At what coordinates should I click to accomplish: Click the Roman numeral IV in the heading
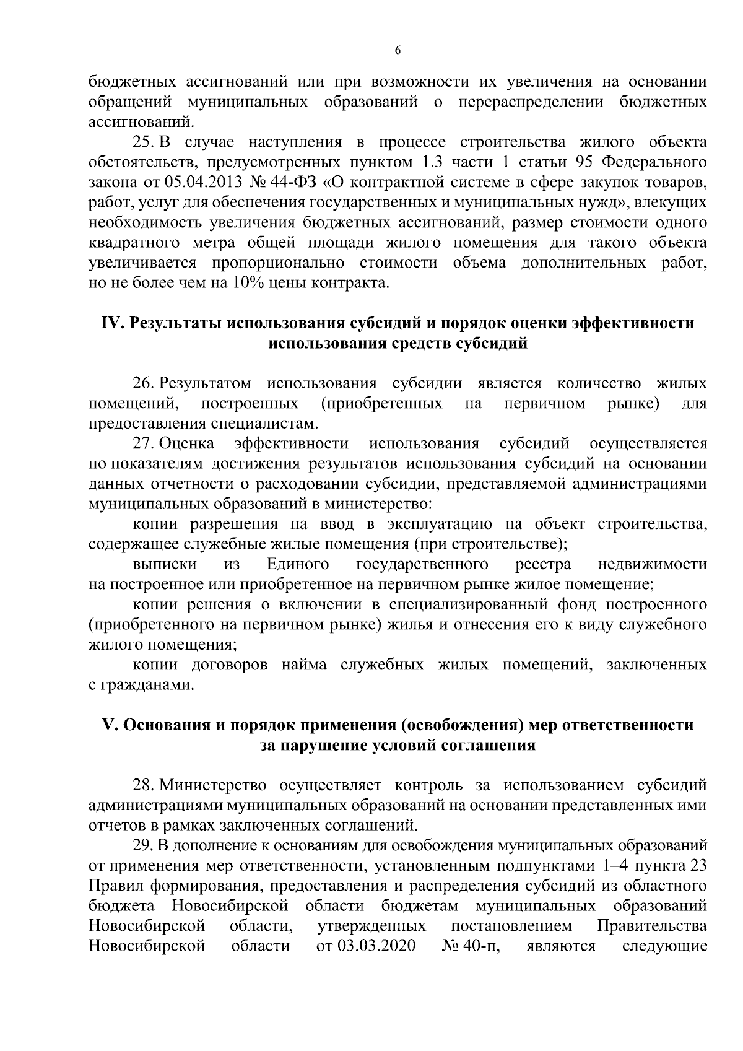[x=113, y=323]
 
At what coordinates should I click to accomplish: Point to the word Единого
[x=297, y=564]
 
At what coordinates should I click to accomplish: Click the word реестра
[x=543, y=564]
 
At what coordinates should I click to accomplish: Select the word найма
[x=305, y=665]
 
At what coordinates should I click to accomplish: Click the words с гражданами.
[x=137, y=685]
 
